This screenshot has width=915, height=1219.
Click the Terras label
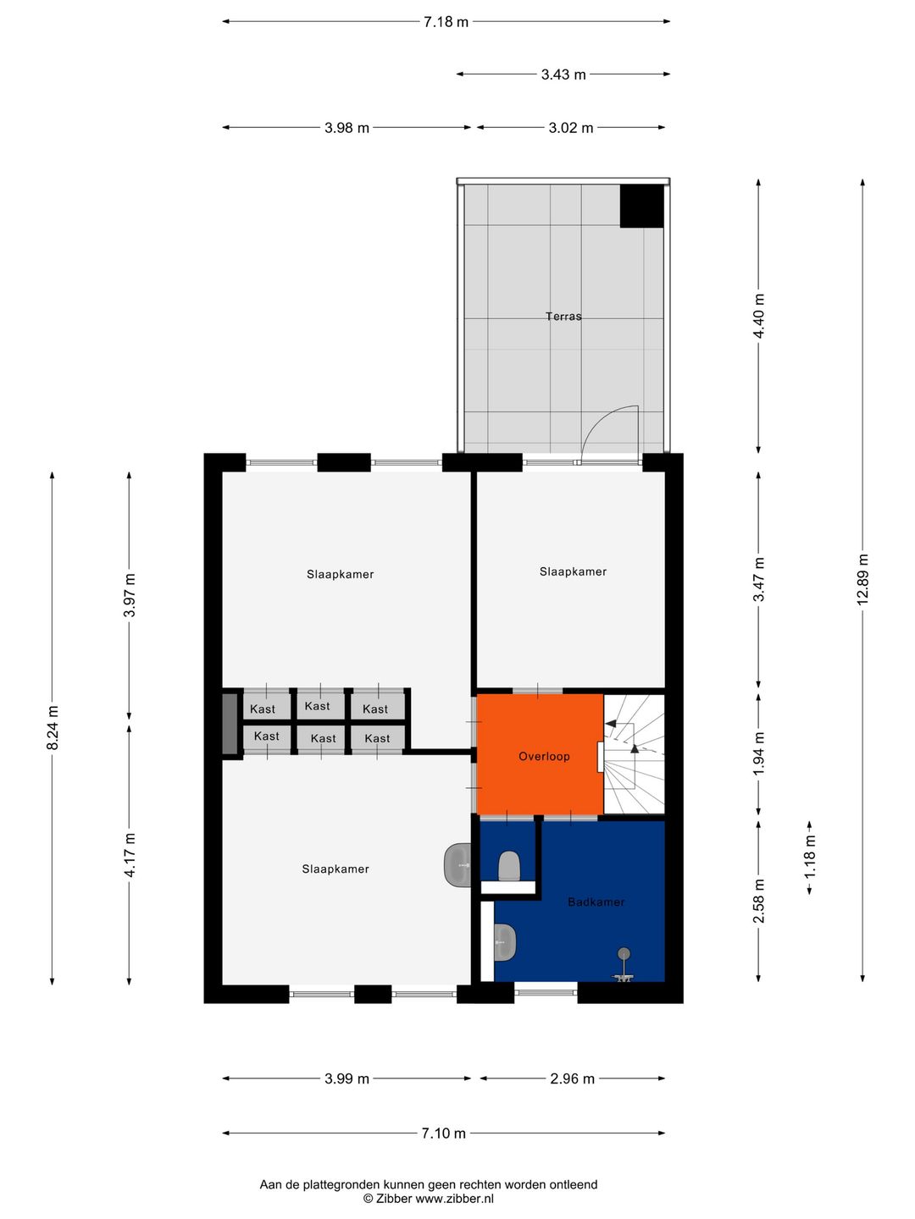click(563, 317)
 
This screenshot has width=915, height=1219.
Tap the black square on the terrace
click(641, 206)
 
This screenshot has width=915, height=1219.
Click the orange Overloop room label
click(544, 757)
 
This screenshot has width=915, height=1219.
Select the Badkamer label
click(596, 902)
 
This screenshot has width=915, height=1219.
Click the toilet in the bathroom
click(508, 865)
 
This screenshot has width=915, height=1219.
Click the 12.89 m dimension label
click(863, 579)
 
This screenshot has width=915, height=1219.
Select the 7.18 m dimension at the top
click(446, 22)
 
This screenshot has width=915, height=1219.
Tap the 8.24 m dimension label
click(53, 727)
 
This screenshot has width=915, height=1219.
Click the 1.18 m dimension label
click(810, 857)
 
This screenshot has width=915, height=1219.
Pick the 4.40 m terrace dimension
click(759, 316)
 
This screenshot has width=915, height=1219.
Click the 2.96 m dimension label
click(572, 1078)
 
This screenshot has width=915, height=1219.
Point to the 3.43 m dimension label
click(563, 74)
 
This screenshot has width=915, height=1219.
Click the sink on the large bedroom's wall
click(457, 865)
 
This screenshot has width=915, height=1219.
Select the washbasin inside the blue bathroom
click(504, 941)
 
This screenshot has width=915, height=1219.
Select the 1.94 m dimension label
click(759, 753)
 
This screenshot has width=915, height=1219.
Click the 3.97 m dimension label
click(130, 595)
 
